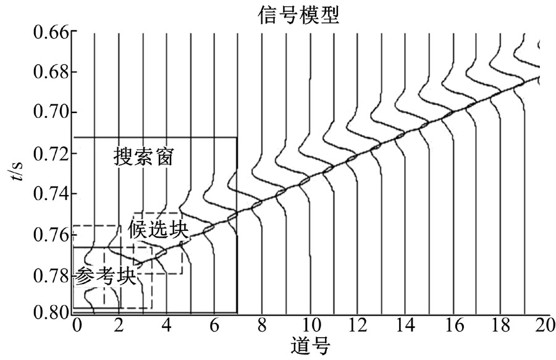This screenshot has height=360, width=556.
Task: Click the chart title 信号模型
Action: [298, 15]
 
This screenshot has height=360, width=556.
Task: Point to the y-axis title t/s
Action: [17, 170]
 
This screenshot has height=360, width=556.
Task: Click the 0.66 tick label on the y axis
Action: [51, 32]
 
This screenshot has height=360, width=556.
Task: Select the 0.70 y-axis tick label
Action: [51, 112]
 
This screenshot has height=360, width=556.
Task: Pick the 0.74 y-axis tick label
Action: [51, 194]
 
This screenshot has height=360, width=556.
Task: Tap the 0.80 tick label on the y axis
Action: [51, 313]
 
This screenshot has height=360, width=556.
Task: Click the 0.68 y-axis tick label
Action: [51, 72]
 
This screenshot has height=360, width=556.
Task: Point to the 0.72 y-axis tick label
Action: [51, 154]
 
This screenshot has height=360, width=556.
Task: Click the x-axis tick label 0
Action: [77, 325]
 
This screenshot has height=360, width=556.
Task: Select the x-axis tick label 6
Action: [214, 325]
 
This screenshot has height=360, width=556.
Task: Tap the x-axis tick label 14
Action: [406, 325]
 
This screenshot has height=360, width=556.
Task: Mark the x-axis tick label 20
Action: [545, 325]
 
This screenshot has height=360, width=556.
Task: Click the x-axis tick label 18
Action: [500, 325]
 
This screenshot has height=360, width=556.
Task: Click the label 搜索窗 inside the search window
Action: [143, 157]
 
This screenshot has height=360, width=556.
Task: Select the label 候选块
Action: [158, 229]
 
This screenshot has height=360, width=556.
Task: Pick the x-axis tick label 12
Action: [358, 325]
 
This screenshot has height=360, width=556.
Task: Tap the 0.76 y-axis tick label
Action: [51, 235]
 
